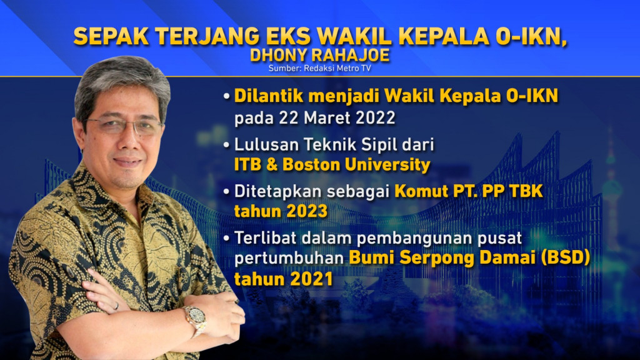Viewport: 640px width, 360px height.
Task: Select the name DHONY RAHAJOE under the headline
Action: [x=319, y=56]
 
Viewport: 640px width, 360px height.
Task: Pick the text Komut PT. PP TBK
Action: [x=469, y=192]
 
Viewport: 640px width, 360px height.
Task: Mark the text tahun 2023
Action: [x=281, y=212]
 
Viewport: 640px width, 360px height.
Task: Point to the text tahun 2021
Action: [x=283, y=279]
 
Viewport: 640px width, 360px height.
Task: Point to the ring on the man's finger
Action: [x=116, y=306]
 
